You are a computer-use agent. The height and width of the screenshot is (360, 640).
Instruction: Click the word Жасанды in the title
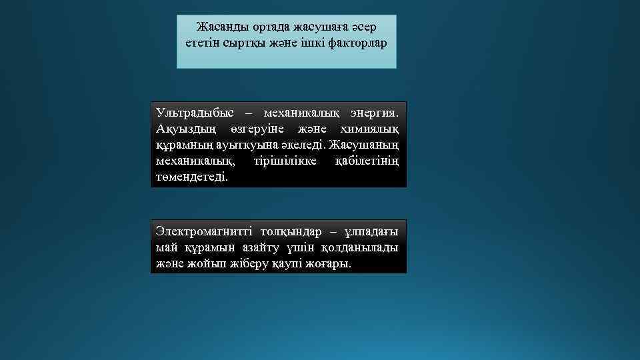click(x=223, y=27)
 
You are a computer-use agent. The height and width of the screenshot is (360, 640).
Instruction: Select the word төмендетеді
click(x=191, y=178)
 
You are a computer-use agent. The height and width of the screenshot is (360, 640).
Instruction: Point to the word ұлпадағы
click(x=371, y=231)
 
